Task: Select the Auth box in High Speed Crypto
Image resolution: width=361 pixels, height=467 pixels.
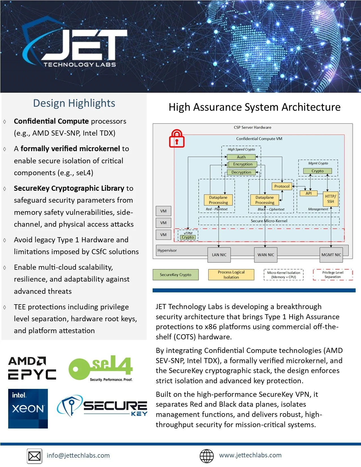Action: pos(241,157)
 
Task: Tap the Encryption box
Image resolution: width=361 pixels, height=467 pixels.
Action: pos(242,164)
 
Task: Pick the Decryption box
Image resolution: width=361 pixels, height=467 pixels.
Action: pos(241,172)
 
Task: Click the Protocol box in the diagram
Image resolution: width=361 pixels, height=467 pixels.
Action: pos(282,186)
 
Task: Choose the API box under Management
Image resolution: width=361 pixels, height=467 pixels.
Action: pos(308,193)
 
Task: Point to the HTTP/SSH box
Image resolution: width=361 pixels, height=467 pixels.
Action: pos(330,199)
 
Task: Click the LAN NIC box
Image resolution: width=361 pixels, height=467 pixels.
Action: pos(219,255)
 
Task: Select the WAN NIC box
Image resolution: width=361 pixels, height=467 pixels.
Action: pos(266,255)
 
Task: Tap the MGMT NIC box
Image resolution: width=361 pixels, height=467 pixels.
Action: pos(331,255)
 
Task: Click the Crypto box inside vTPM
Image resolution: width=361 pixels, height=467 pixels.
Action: pos(188,237)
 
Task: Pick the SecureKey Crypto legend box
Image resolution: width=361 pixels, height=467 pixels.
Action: pos(176,275)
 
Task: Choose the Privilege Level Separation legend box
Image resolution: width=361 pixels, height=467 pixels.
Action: pos(333,275)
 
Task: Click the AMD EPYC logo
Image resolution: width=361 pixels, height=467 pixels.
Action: pos(32,368)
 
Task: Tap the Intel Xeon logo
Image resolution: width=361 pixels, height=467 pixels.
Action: pos(28,408)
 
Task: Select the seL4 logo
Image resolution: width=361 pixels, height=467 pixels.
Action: pos(101,368)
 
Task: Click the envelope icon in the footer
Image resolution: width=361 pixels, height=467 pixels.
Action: pos(35,456)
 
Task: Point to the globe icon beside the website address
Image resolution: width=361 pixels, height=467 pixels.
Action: pos(207,456)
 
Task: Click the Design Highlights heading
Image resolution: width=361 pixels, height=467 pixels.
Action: pos(74,103)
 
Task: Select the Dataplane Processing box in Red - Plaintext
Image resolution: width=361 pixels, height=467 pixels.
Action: pos(218,200)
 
